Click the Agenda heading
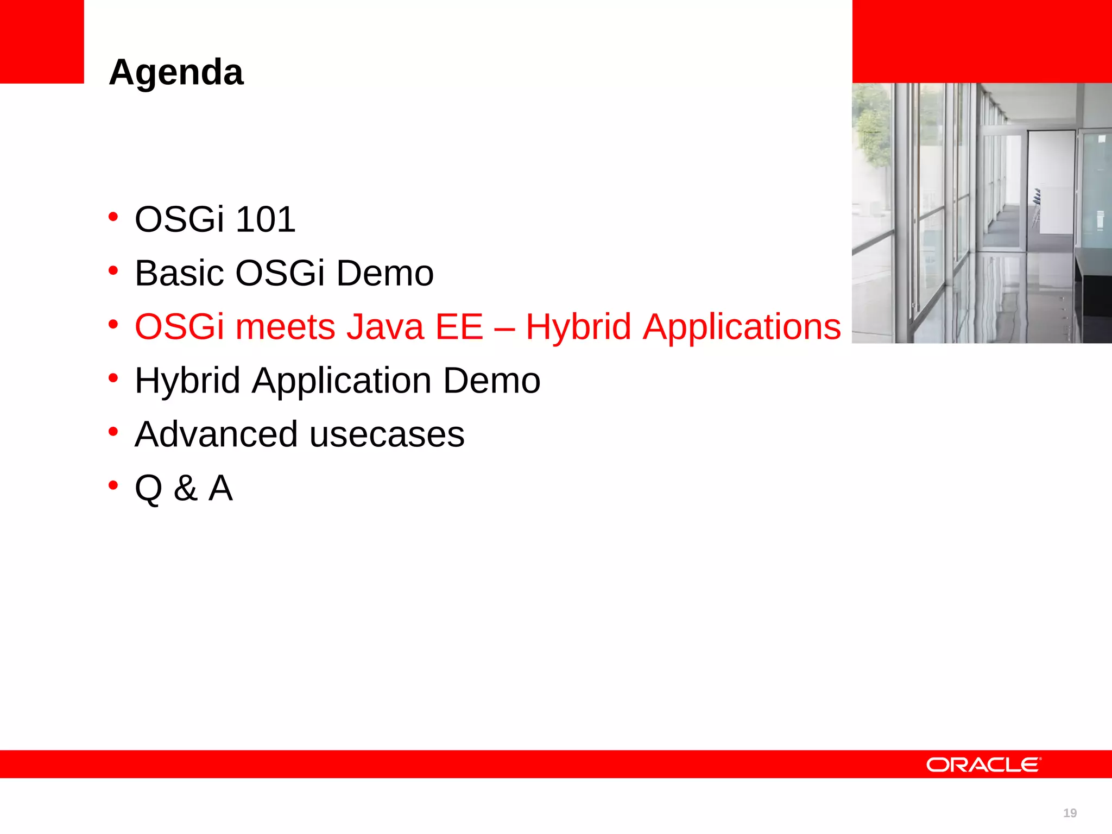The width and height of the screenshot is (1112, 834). point(176,72)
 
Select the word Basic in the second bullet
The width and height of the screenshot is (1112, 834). point(179,273)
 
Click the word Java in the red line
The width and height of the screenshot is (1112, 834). point(385,327)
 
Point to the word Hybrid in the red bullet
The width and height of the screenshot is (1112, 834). point(578,327)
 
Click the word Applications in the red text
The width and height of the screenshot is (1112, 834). point(742,328)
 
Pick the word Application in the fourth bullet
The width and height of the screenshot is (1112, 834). point(342,381)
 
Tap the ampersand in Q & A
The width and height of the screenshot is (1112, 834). point(185,488)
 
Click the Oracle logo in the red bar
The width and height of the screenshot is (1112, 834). point(983,764)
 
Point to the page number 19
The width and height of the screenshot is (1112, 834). point(1070,813)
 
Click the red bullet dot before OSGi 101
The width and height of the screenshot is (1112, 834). point(113,217)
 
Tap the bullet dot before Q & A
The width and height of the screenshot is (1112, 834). point(113,485)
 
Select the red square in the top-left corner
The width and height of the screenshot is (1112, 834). point(42,41)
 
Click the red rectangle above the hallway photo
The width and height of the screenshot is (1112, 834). point(982,41)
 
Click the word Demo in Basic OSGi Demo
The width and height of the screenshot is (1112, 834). point(385,273)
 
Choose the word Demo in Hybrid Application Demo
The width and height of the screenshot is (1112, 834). point(491,381)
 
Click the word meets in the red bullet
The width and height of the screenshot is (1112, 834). point(285,327)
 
